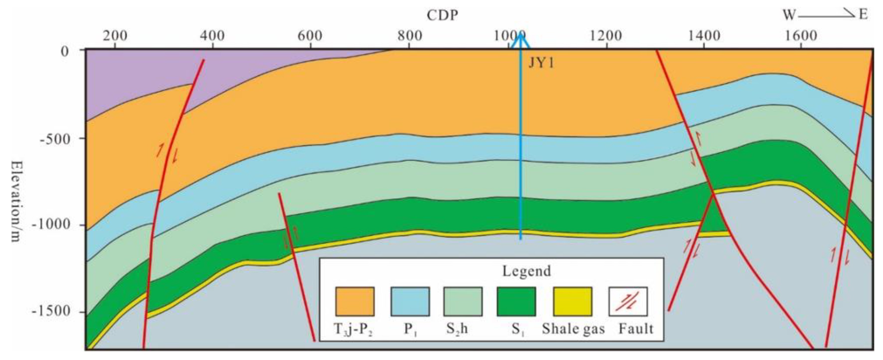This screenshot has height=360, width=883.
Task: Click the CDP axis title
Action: click(x=442, y=15)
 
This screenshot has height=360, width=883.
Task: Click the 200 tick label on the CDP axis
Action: click(x=115, y=36)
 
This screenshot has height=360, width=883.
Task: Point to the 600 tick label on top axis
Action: click(x=310, y=36)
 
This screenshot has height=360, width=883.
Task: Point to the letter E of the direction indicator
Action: click(x=863, y=15)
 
